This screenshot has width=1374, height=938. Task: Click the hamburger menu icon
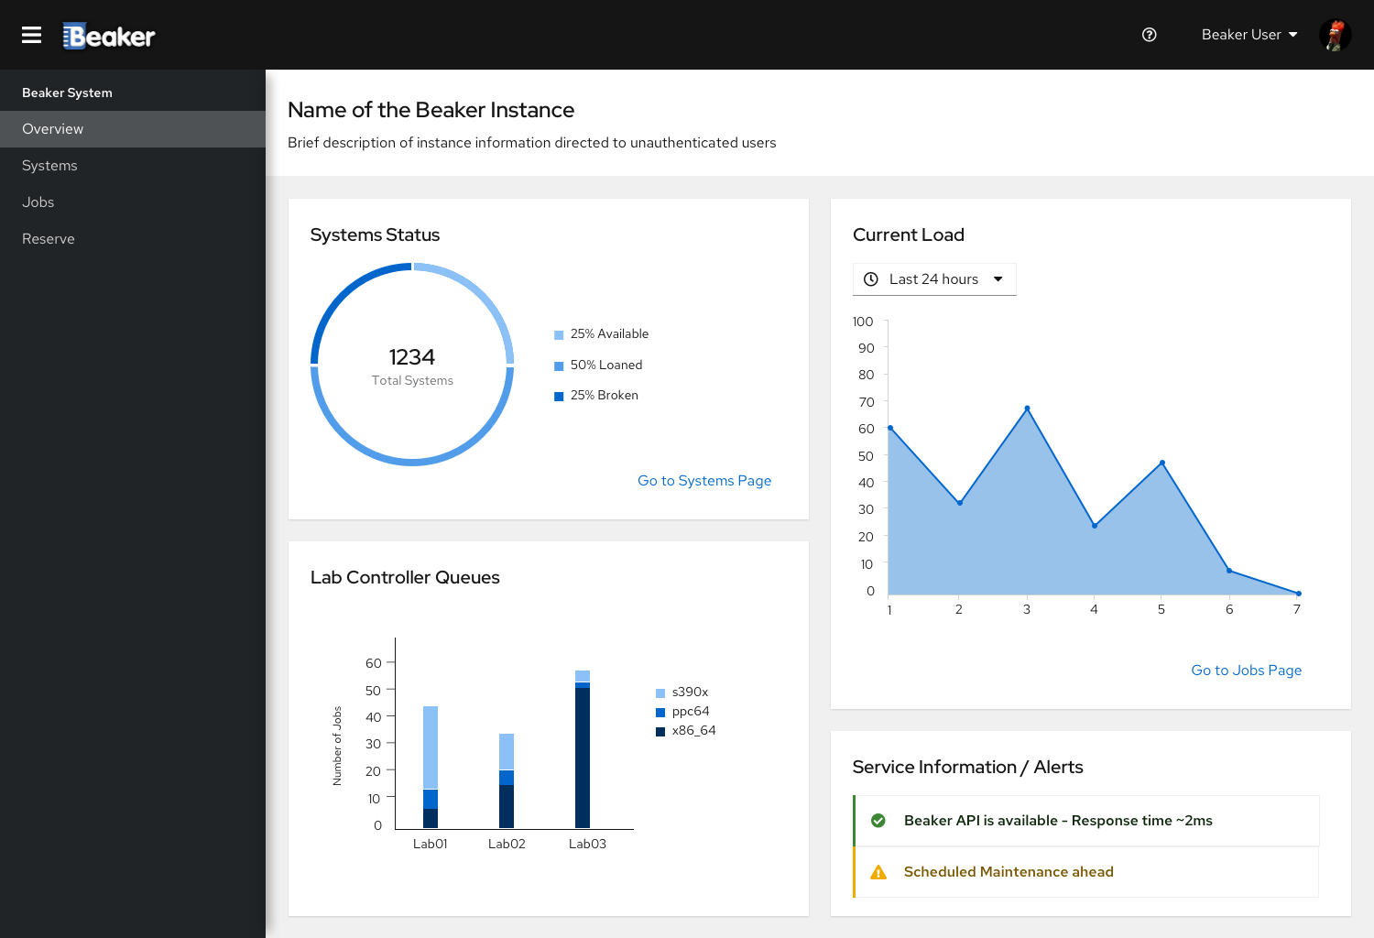pos(31,35)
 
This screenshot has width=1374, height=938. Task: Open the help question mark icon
pos(1149,35)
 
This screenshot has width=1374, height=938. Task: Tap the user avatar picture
pos(1335,35)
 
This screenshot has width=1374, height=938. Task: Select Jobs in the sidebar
pos(38,202)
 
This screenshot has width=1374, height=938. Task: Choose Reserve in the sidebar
pos(49,239)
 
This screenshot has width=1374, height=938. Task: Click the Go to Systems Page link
pos(704,480)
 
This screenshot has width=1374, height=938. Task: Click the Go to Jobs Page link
pos(1246,670)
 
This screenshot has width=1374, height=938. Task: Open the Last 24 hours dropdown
pos(934,279)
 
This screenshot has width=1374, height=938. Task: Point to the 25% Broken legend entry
pos(596,396)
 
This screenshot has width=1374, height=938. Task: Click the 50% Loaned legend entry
pos(598,365)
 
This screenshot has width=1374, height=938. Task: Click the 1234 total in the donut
pos(411,356)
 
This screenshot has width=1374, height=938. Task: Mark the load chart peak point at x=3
pos(1027,409)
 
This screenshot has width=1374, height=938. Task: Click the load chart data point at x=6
pos(1228,571)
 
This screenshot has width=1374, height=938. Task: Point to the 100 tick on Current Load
pos(863,322)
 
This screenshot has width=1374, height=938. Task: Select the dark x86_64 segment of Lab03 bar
pos(582,758)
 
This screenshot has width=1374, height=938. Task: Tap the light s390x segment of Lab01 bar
pos(431,747)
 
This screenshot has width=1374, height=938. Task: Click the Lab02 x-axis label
pos(507,845)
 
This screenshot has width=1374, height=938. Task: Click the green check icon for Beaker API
pos(878,821)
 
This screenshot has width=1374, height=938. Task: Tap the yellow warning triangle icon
pos(878,872)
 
